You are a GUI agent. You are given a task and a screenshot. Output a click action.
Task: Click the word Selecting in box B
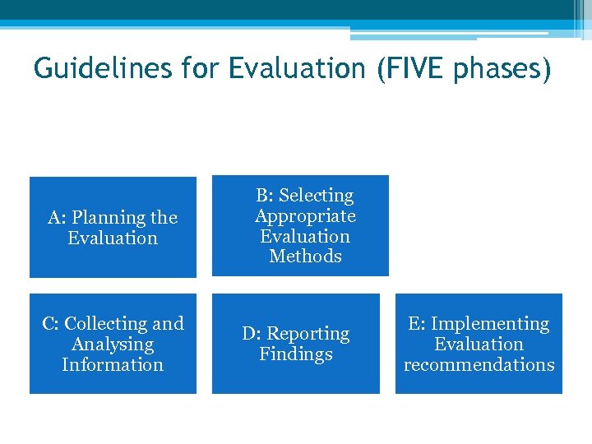click(316, 196)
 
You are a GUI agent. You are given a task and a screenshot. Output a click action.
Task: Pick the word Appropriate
click(305, 216)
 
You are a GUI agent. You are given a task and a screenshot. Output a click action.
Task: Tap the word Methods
click(305, 257)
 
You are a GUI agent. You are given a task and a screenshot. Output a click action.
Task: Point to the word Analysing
click(113, 345)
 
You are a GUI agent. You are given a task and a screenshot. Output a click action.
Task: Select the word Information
click(113, 364)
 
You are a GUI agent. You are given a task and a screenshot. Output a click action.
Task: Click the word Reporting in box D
click(308, 334)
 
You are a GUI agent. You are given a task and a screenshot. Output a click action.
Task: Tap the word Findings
click(296, 354)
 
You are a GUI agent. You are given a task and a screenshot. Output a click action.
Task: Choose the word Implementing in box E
click(490, 324)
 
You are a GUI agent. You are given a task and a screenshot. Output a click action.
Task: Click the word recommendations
click(479, 364)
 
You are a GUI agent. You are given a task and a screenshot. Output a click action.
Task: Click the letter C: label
click(51, 324)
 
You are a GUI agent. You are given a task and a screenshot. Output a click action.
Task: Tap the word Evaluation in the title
click(296, 69)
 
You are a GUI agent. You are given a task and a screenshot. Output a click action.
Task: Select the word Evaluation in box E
click(479, 345)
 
